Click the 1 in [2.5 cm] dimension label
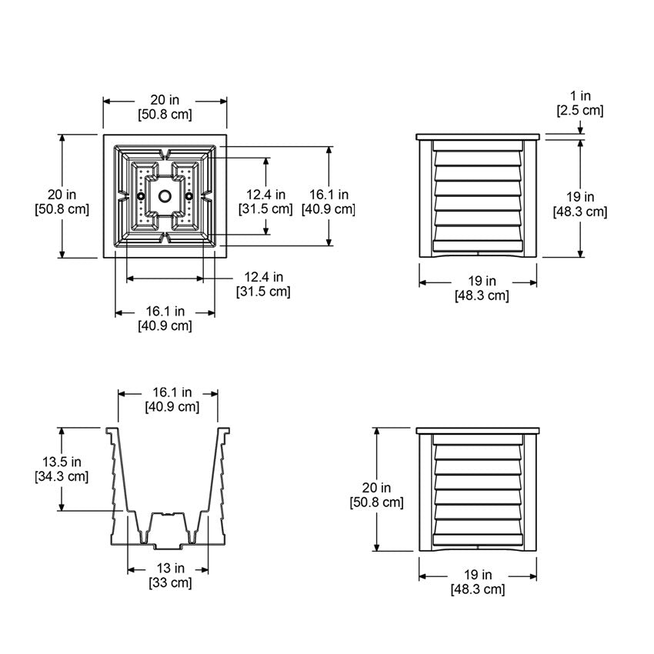(580, 103)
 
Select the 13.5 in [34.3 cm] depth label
(62, 469)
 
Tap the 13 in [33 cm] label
(170, 576)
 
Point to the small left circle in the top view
(141, 195)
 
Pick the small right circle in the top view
(189, 195)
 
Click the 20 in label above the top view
(165, 100)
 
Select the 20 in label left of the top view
(62, 195)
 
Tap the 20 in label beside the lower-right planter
(376, 487)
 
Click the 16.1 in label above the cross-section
(172, 392)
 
